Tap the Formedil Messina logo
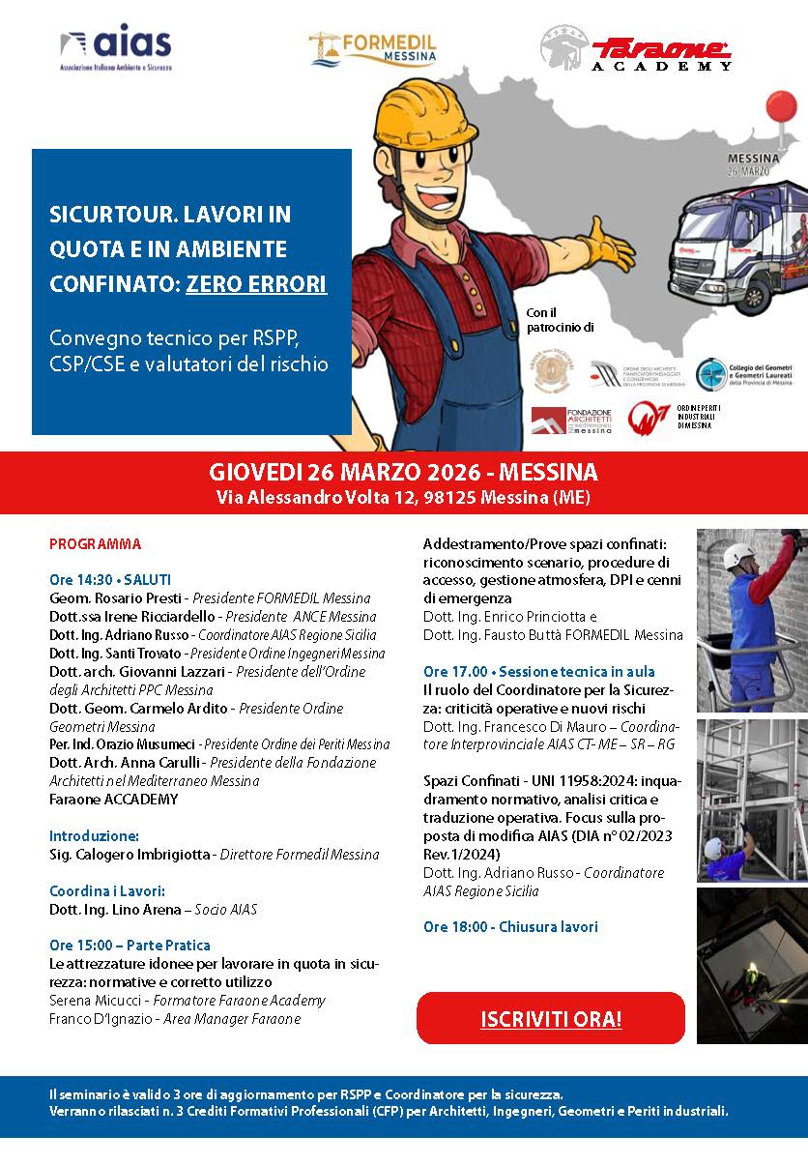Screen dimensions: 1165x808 click(373, 47)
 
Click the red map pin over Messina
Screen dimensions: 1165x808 click(779, 108)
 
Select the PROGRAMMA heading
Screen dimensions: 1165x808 click(95, 543)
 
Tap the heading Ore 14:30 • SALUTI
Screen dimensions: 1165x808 click(110, 579)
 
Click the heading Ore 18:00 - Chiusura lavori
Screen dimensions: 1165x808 click(510, 926)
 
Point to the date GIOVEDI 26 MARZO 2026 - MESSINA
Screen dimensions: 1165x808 click(403, 473)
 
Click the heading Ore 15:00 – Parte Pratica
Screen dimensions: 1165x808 click(130, 945)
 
